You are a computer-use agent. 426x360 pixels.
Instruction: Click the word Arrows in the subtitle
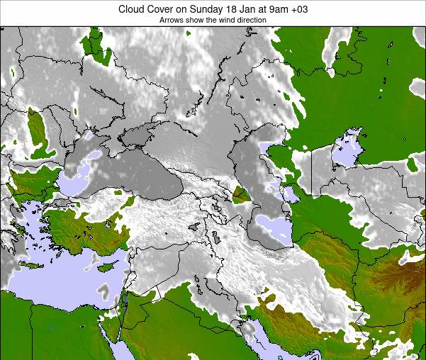pos(172,21)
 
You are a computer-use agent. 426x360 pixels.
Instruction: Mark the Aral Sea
pos(347,149)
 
